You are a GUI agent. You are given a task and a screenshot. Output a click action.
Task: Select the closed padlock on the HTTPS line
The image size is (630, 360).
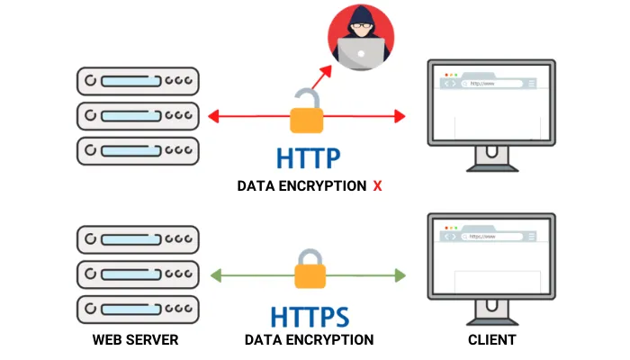click(306, 271)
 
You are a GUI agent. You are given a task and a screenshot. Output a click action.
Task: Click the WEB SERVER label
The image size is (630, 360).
click(135, 340)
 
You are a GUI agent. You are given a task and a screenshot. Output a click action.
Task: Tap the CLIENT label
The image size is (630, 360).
click(490, 340)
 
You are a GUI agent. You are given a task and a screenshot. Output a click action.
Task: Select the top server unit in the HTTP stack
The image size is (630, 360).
click(136, 81)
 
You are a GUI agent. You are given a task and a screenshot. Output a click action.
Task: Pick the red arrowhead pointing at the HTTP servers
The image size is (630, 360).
click(214, 115)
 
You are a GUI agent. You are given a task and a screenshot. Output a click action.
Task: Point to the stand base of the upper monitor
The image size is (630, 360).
click(490, 167)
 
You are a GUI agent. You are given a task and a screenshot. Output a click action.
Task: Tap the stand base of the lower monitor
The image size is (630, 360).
click(490, 321)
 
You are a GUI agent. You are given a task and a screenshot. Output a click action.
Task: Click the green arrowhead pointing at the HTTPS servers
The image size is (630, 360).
click(214, 274)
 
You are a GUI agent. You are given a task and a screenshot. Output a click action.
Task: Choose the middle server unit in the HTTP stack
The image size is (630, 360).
click(136, 114)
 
